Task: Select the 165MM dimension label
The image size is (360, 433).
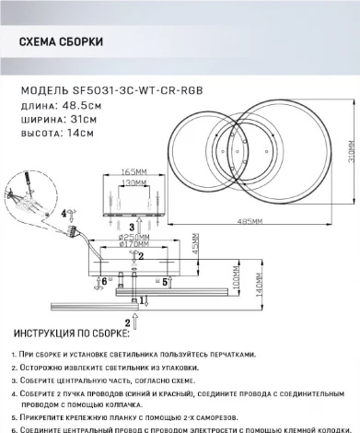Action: coord(134,171)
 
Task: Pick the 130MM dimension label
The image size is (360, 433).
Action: coord(134,183)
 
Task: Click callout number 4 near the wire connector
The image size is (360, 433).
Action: coord(64,213)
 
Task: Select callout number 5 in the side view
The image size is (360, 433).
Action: coord(164,283)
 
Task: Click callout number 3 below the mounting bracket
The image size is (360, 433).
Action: coord(132,226)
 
